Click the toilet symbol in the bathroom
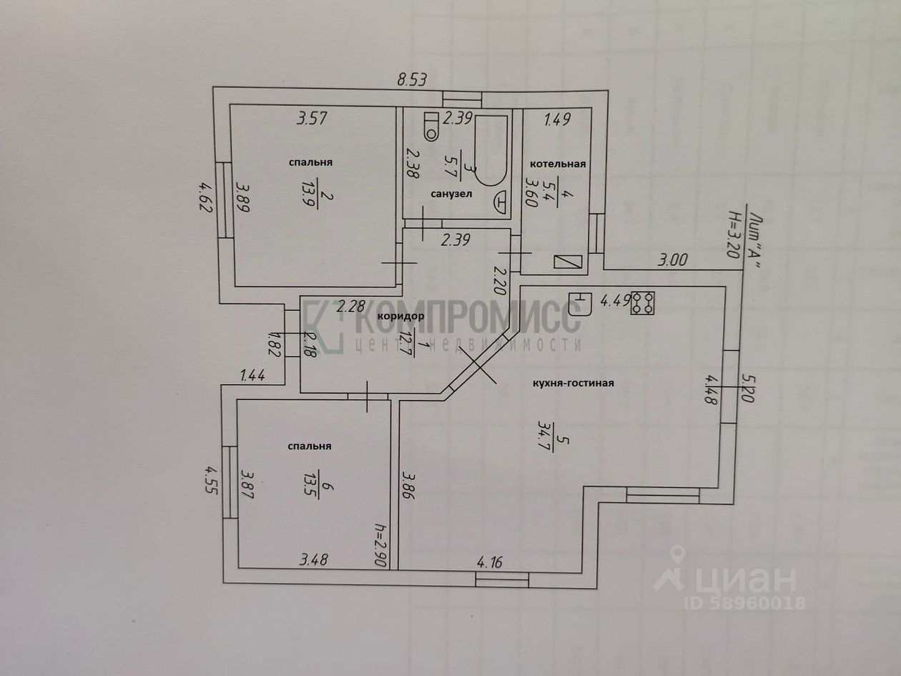(431, 126)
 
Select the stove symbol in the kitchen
(641, 302)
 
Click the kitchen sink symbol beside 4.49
(580, 302)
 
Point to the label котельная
(558, 164)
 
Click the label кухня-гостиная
(573, 383)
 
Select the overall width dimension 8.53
(412, 80)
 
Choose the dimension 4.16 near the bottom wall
(488, 562)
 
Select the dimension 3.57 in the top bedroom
(312, 119)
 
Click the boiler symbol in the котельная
(568, 261)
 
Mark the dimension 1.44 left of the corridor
(253, 375)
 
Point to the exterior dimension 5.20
(748, 388)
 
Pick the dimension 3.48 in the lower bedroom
(314, 560)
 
